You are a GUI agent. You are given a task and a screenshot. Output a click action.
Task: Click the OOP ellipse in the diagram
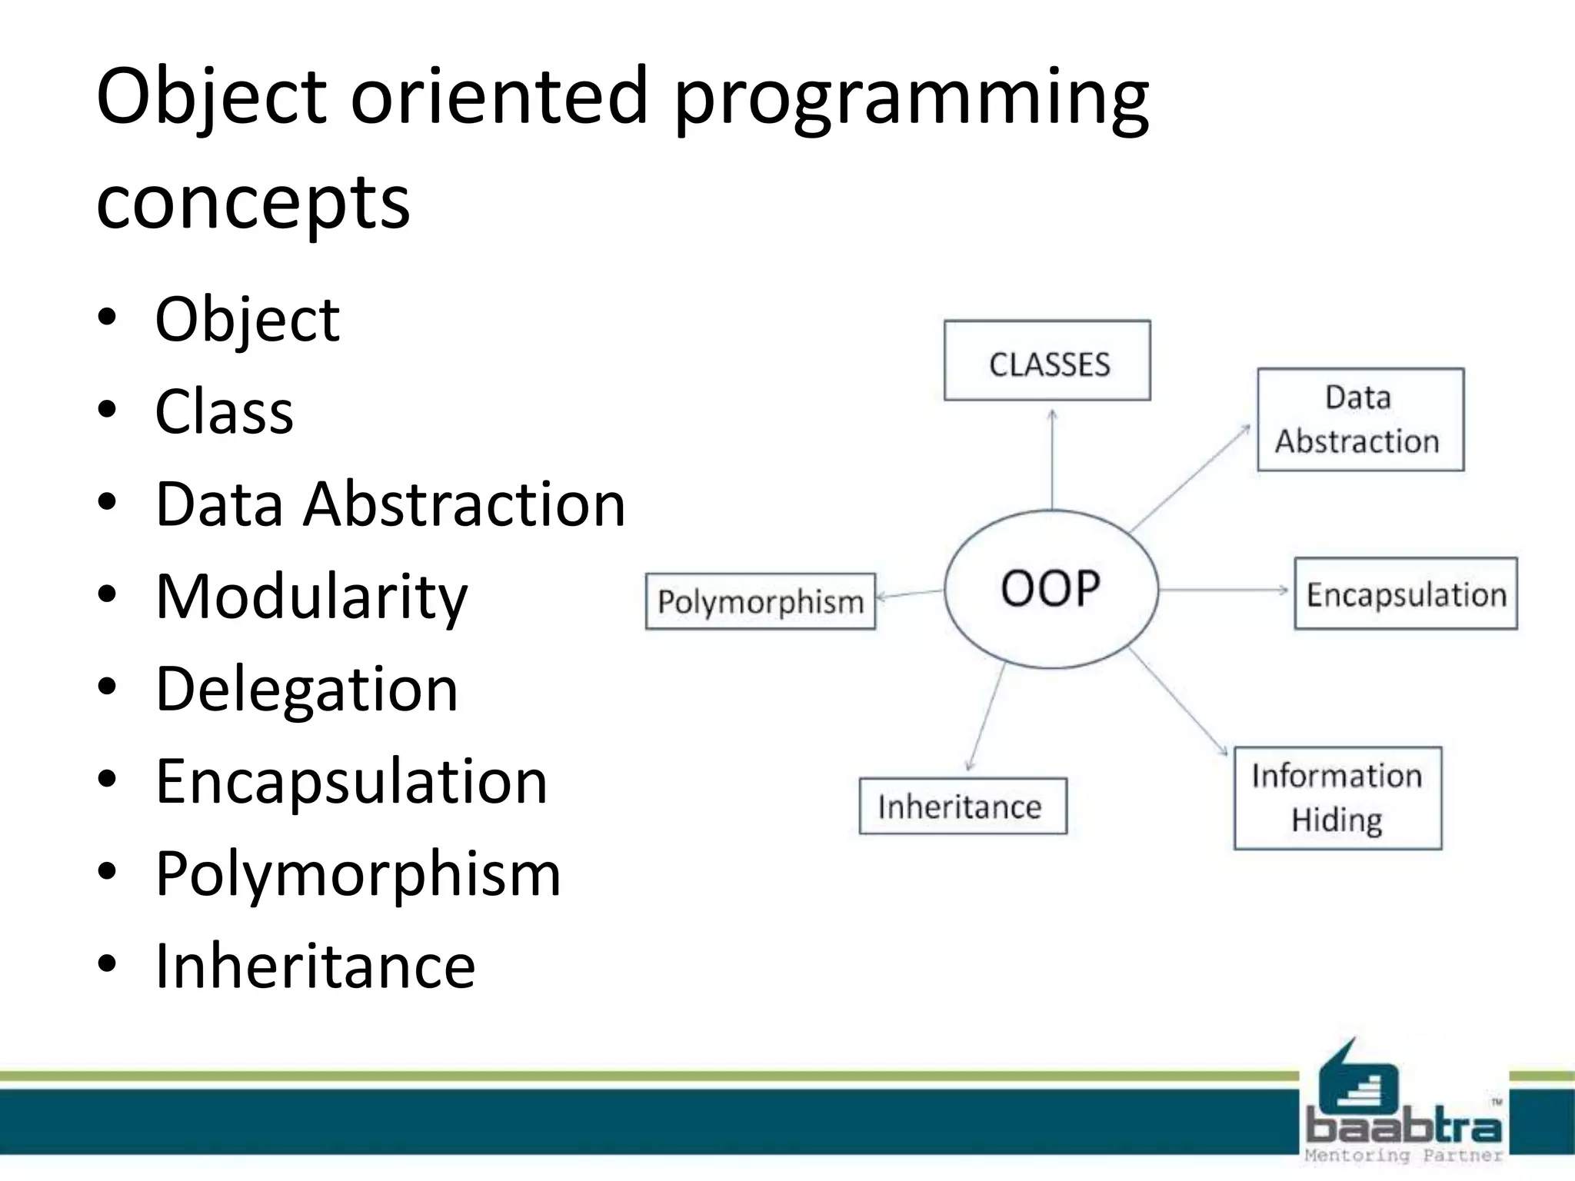[1051, 589]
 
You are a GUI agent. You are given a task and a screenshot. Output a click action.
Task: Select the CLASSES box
[1047, 361]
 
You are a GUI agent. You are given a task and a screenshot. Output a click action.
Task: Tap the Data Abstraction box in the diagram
[1360, 420]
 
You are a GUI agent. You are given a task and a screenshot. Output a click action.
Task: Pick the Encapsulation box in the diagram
[1406, 594]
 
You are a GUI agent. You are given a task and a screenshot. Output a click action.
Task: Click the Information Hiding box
[1337, 798]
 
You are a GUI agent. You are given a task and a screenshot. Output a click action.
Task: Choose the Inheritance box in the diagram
[962, 806]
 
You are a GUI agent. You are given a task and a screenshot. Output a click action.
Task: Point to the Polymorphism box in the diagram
[760, 601]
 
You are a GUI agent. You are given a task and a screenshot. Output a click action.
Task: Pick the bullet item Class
[224, 411]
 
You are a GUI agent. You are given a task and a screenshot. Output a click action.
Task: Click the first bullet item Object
[247, 319]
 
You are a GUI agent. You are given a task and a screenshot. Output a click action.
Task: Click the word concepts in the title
[253, 201]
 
